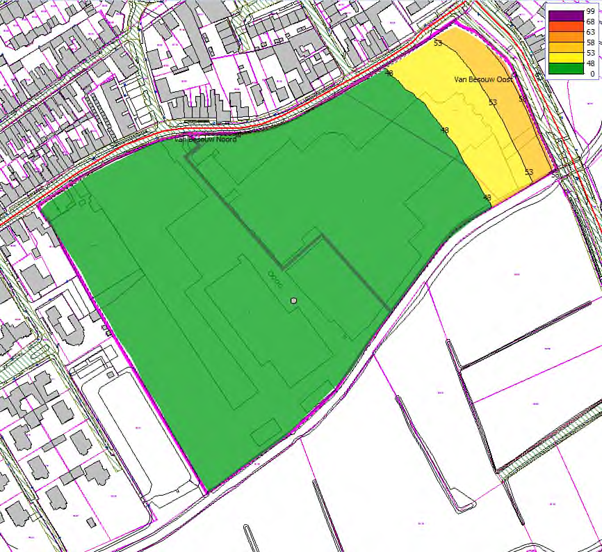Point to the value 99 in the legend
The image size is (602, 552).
click(x=590, y=12)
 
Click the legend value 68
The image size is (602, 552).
click(x=590, y=22)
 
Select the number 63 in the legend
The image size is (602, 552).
click(x=590, y=32)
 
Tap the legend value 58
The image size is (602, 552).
click(x=590, y=42)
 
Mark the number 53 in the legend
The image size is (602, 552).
click(x=590, y=53)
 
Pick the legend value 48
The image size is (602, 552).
click(x=590, y=63)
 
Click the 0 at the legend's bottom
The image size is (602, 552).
click(x=592, y=73)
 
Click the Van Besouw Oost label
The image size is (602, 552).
click(x=484, y=80)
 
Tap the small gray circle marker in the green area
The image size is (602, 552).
click(x=294, y=301)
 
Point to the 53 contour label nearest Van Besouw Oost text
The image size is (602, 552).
click(x=493, y=103)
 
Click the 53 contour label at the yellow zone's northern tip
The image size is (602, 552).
click(x=438, y=44)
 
